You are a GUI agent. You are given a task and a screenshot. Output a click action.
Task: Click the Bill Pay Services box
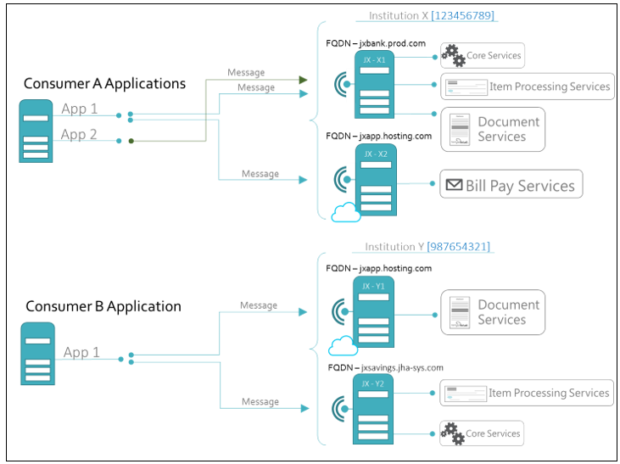tap(511, 185)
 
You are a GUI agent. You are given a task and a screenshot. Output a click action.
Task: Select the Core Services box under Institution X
tap(482, 57)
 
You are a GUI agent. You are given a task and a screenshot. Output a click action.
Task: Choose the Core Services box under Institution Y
tap(481, 433)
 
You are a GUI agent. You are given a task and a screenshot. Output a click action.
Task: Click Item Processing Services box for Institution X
tap(527, 87)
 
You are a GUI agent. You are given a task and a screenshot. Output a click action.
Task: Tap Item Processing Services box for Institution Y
tap(527, 393)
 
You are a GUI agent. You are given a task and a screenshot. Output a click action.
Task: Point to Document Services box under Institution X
tap(492, 129)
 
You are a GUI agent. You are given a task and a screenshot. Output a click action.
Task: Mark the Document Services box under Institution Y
tap(492, 312)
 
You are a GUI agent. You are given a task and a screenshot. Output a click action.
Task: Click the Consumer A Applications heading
tap(104, 83)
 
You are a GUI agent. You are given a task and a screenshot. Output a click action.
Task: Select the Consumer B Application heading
tap(103, 306)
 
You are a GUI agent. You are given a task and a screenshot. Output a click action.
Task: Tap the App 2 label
tap(79, 135)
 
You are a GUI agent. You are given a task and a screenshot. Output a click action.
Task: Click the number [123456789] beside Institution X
tap(463, 15)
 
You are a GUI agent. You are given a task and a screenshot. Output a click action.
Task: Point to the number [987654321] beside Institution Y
tap(458, 247)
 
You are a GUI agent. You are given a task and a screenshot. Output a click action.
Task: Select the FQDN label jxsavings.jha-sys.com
tap(385, 367)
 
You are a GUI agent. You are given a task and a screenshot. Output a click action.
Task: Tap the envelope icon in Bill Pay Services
tap(454, 185)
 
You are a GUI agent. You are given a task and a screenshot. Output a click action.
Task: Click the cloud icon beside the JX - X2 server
tap(345, 213)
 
